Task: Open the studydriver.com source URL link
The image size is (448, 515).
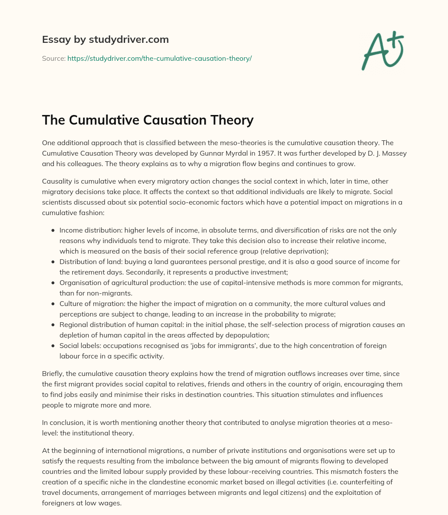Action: tap(159, 58)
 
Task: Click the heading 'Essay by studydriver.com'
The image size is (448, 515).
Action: tap(105, 39)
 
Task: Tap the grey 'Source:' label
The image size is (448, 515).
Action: tap(53, 58)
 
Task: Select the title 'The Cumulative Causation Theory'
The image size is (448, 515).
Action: tap(147, 119)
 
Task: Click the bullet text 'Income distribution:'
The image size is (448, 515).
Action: tap(89, 230)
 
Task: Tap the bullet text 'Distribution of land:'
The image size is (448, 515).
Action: tap(91, 261)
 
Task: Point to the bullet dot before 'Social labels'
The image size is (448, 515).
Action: tap(53, 345)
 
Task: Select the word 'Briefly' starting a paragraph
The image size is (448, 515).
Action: tap(52, 373)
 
